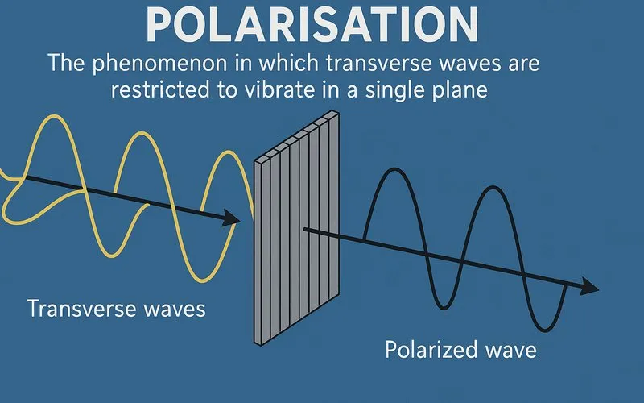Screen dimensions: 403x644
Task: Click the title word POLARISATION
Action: coord(322,27)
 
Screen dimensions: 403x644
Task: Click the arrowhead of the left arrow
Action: coord(231,218)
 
